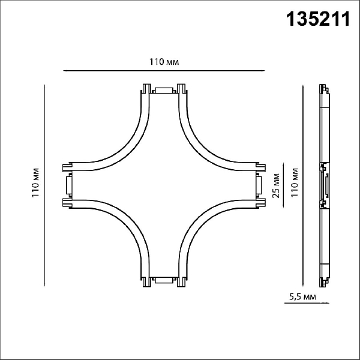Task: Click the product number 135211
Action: [318, 19]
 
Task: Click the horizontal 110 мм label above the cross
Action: [164, 62]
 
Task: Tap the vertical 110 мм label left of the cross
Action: [35, 182]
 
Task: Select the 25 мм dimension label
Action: [276, 185]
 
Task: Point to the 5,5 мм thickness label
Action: [302, 297]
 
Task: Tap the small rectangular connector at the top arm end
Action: [164, 91]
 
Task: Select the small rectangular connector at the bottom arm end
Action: [164, 280]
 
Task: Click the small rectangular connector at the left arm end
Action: [69, 185]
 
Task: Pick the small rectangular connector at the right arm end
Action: [259, 185]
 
